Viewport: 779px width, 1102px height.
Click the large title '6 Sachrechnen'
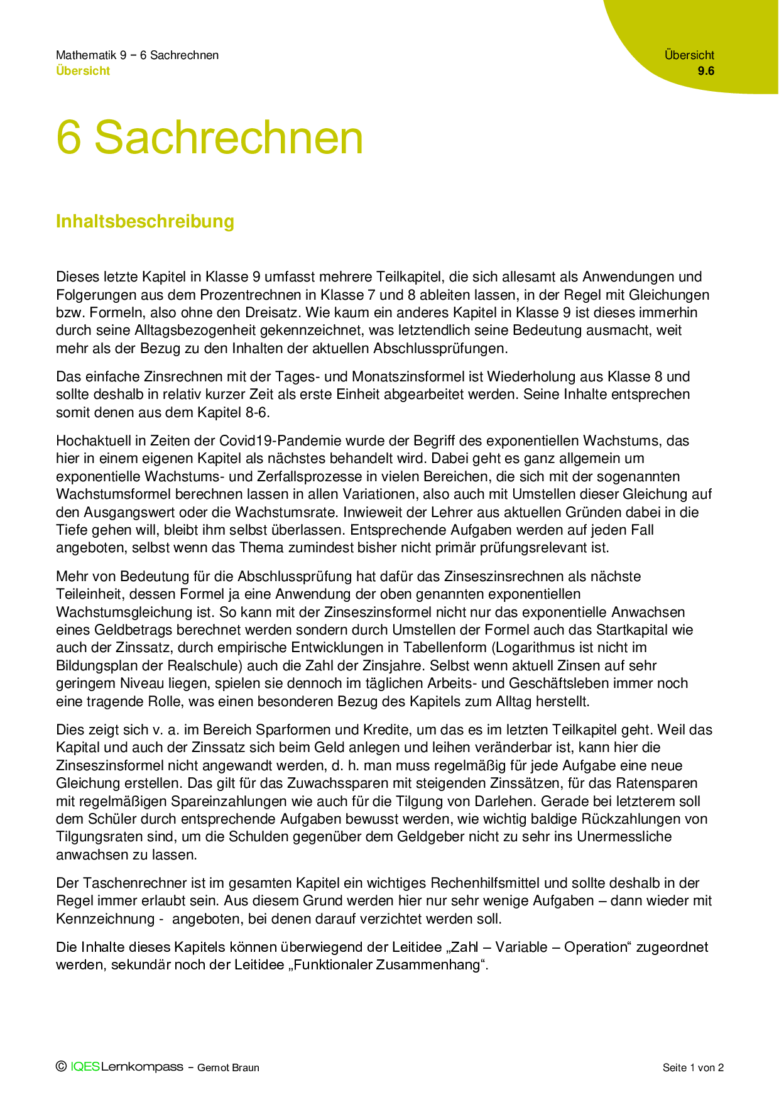click(x=210, y=138)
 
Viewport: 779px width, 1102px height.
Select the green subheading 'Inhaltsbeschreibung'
click(x=145, y=221)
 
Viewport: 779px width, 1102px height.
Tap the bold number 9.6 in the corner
click(x=706, y=71)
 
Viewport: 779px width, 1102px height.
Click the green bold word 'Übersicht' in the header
click(x=83, y=71)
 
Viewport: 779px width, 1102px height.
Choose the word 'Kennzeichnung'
click(x=105, y=919)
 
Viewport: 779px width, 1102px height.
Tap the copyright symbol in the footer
click(x=61, y=1066)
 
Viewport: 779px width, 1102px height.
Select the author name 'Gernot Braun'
click(x=228, y=1067)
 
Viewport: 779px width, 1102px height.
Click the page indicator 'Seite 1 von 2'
click(x=693, y=1067)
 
